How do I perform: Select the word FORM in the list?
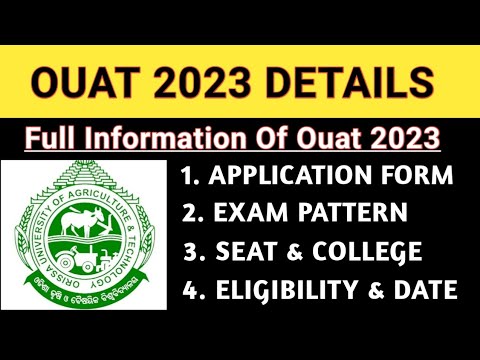tap(421, 176)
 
